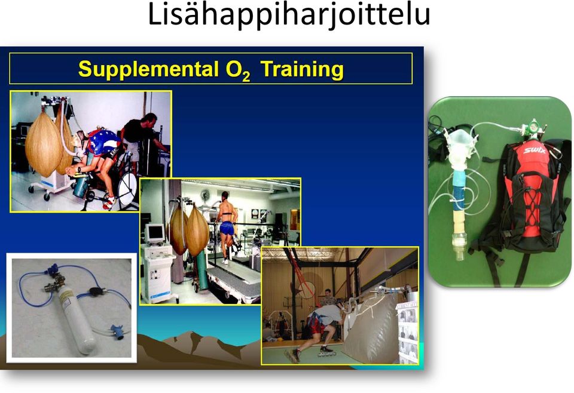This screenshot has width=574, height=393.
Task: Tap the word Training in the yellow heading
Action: [x=302, y=69]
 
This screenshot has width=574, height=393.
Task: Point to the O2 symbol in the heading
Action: [x=238, y=70]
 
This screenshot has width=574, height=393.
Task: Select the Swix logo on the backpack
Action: [x=534, y=150]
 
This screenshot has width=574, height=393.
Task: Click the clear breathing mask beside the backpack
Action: [x=457, y=149]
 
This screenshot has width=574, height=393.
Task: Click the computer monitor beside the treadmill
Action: [x=155, y=234]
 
